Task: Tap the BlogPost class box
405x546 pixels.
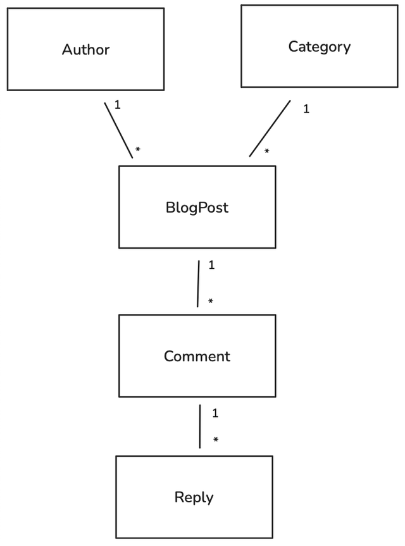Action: pos(197,228)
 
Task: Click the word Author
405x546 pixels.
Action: pos(85,49)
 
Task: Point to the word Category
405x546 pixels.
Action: pos(320,46)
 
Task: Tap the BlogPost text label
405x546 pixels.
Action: pos(197,207)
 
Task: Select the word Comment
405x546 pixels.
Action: pos(197,356)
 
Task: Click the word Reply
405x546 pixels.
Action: pos(194,497)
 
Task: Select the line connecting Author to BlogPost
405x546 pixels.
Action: pos(118,130)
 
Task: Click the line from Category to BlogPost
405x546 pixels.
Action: pos(270,128)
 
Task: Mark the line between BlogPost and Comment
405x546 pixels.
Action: pos(198,283)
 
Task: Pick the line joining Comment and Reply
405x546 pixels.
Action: pos(200,426)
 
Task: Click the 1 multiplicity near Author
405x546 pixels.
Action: pos(117,104)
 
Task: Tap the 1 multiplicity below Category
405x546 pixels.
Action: pos(306,109)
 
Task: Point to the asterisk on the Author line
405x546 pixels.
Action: pos(137,151)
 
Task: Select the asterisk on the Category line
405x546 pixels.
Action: pos(266,152)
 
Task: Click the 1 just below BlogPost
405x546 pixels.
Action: pos(211,265)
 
